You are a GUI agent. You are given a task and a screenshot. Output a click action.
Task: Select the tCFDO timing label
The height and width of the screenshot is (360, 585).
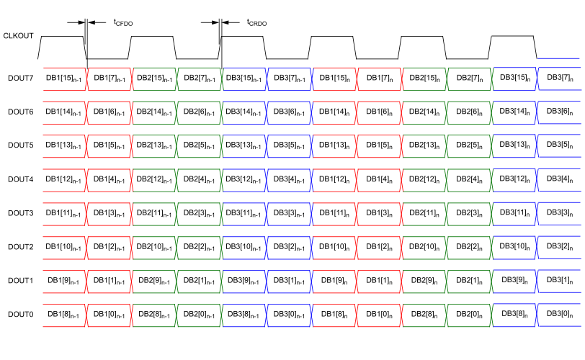click(123, 23)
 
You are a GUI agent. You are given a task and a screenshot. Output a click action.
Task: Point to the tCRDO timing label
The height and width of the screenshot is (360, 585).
click(256, 23)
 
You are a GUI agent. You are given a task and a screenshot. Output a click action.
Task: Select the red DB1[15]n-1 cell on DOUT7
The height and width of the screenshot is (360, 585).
click(63, 78)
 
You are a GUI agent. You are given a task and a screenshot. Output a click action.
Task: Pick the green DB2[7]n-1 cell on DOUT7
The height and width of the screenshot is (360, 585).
click(199, 78)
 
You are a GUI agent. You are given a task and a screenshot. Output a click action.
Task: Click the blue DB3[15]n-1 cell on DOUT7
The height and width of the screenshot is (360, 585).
click(244, 78)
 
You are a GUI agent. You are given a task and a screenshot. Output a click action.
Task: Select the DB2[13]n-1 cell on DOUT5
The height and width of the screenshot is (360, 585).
click(153, 145)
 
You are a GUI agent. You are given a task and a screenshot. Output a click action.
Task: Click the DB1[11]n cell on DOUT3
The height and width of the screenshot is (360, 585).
click(334, 213)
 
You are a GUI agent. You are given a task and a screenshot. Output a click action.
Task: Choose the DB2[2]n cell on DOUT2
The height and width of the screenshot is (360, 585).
click(469, 247)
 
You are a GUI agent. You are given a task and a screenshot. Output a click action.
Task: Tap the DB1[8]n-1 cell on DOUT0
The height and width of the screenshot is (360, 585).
click(63, 315)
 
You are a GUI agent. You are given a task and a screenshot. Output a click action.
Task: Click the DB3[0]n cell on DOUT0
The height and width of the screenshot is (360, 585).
click(559, 314)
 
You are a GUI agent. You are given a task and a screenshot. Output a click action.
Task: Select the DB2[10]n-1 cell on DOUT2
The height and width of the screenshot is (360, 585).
click(153, 247)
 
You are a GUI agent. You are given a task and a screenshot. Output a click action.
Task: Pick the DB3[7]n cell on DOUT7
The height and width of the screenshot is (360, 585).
click(559, 77)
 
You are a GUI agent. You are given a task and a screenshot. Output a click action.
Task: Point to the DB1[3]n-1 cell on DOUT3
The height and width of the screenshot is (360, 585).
click(109, 213)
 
